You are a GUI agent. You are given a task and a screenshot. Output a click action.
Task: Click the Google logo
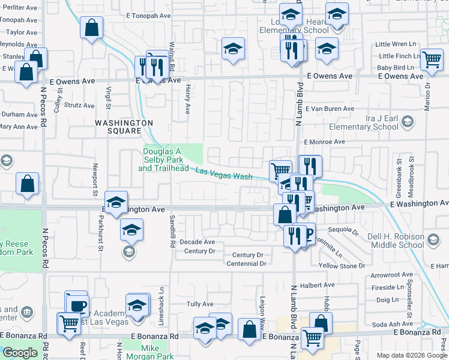pyautogui.click(x=20, y=353)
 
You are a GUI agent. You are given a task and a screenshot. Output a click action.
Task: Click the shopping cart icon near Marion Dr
pyautogui.click(x=432, y=59)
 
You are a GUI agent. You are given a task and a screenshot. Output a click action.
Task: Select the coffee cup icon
pyautogui.click(x=77, y=305)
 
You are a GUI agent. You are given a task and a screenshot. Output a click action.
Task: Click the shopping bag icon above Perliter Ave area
pyautogui.click(x=91, y=27)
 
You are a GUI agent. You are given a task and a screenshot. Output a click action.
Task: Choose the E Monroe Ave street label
pyautogui.click(x=324, y=142)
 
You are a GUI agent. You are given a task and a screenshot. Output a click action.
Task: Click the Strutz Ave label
pyautogui.click(x=80, y=106)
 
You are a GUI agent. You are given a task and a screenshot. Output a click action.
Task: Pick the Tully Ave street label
pyautogui.click(x=200, y=304)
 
